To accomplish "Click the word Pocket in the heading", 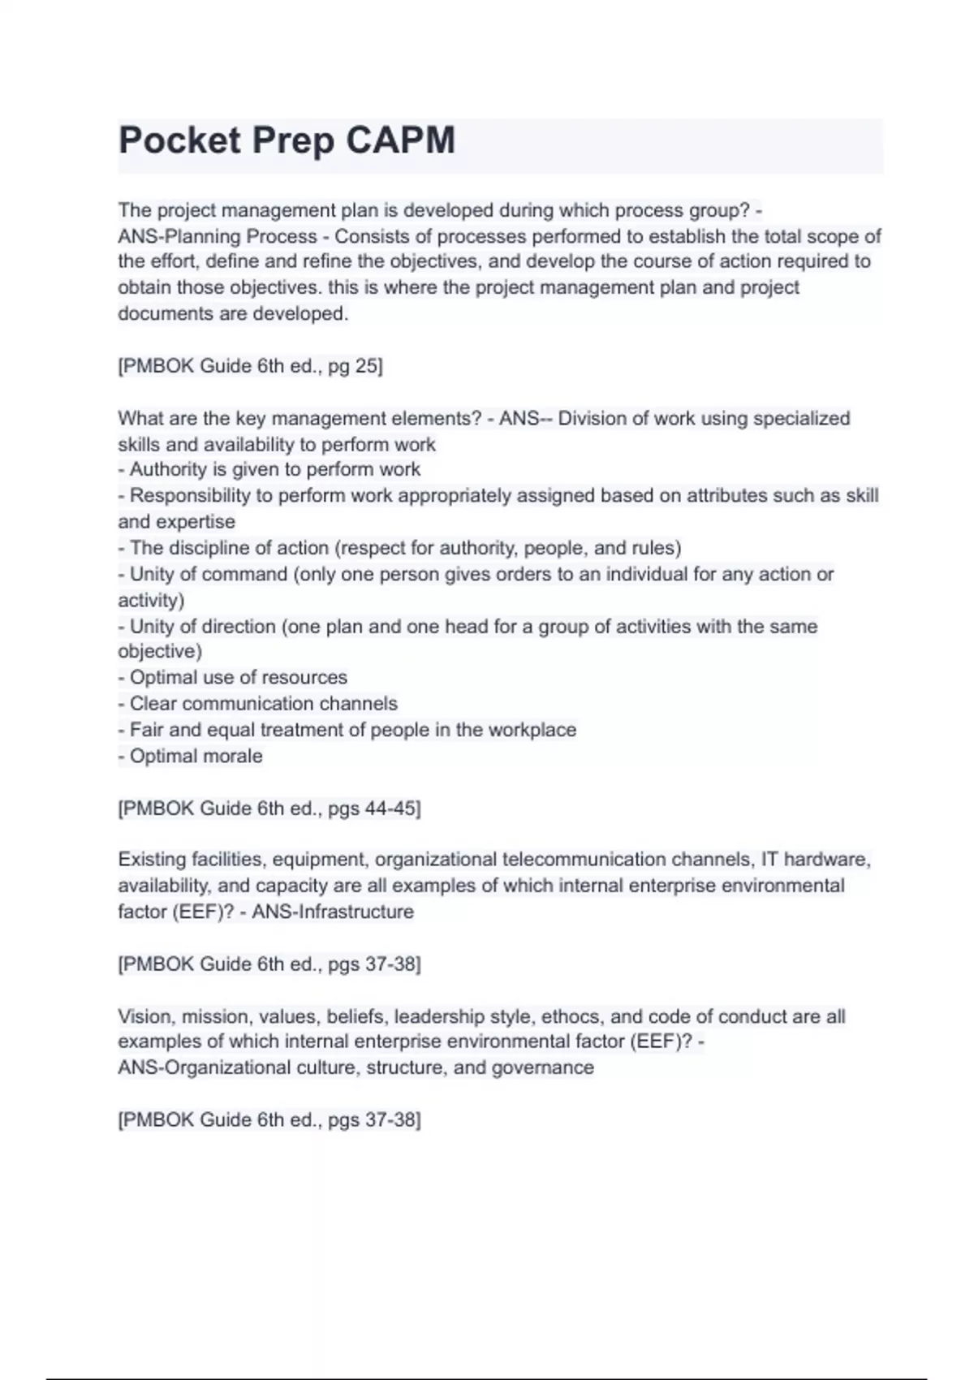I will (180, 140).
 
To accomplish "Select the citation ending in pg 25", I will (250, 366).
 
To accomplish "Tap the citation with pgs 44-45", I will (269, 809).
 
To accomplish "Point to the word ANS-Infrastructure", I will (333, 912).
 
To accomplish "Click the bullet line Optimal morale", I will (191, 756).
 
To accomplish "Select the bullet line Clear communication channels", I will (258, 704).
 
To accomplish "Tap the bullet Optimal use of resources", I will (233, 677).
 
